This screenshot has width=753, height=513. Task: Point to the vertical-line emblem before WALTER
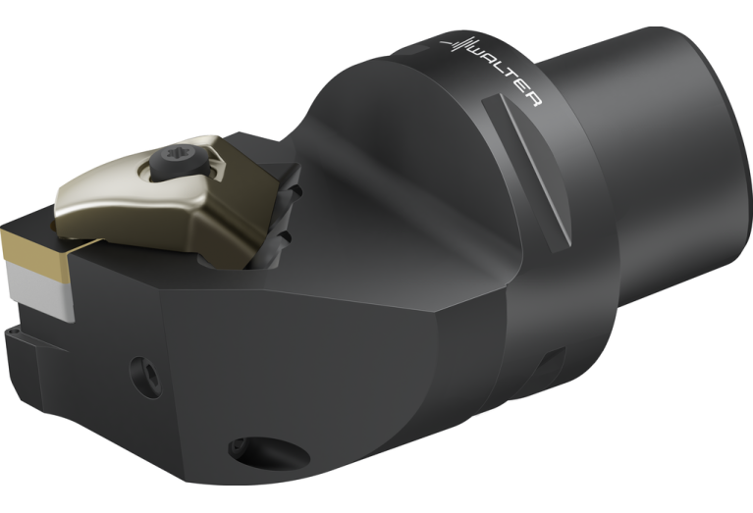point(457,44)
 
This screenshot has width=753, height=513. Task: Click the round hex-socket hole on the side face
point(145,378)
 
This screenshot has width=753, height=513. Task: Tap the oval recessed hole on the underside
point(268,452)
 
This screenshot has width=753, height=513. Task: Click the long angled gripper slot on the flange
point(527,173)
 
